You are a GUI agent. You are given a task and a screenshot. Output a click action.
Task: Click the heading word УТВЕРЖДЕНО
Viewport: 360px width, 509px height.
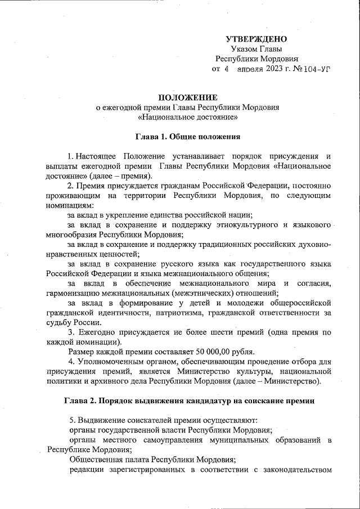pos(256,39)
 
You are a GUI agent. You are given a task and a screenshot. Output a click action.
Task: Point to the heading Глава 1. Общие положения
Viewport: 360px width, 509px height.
pos(188,137)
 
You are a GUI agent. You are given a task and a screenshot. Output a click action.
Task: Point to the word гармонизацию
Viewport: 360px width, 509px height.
pos(75,293)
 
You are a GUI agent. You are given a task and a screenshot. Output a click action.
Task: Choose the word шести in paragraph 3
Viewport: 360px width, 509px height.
pos(218,332)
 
